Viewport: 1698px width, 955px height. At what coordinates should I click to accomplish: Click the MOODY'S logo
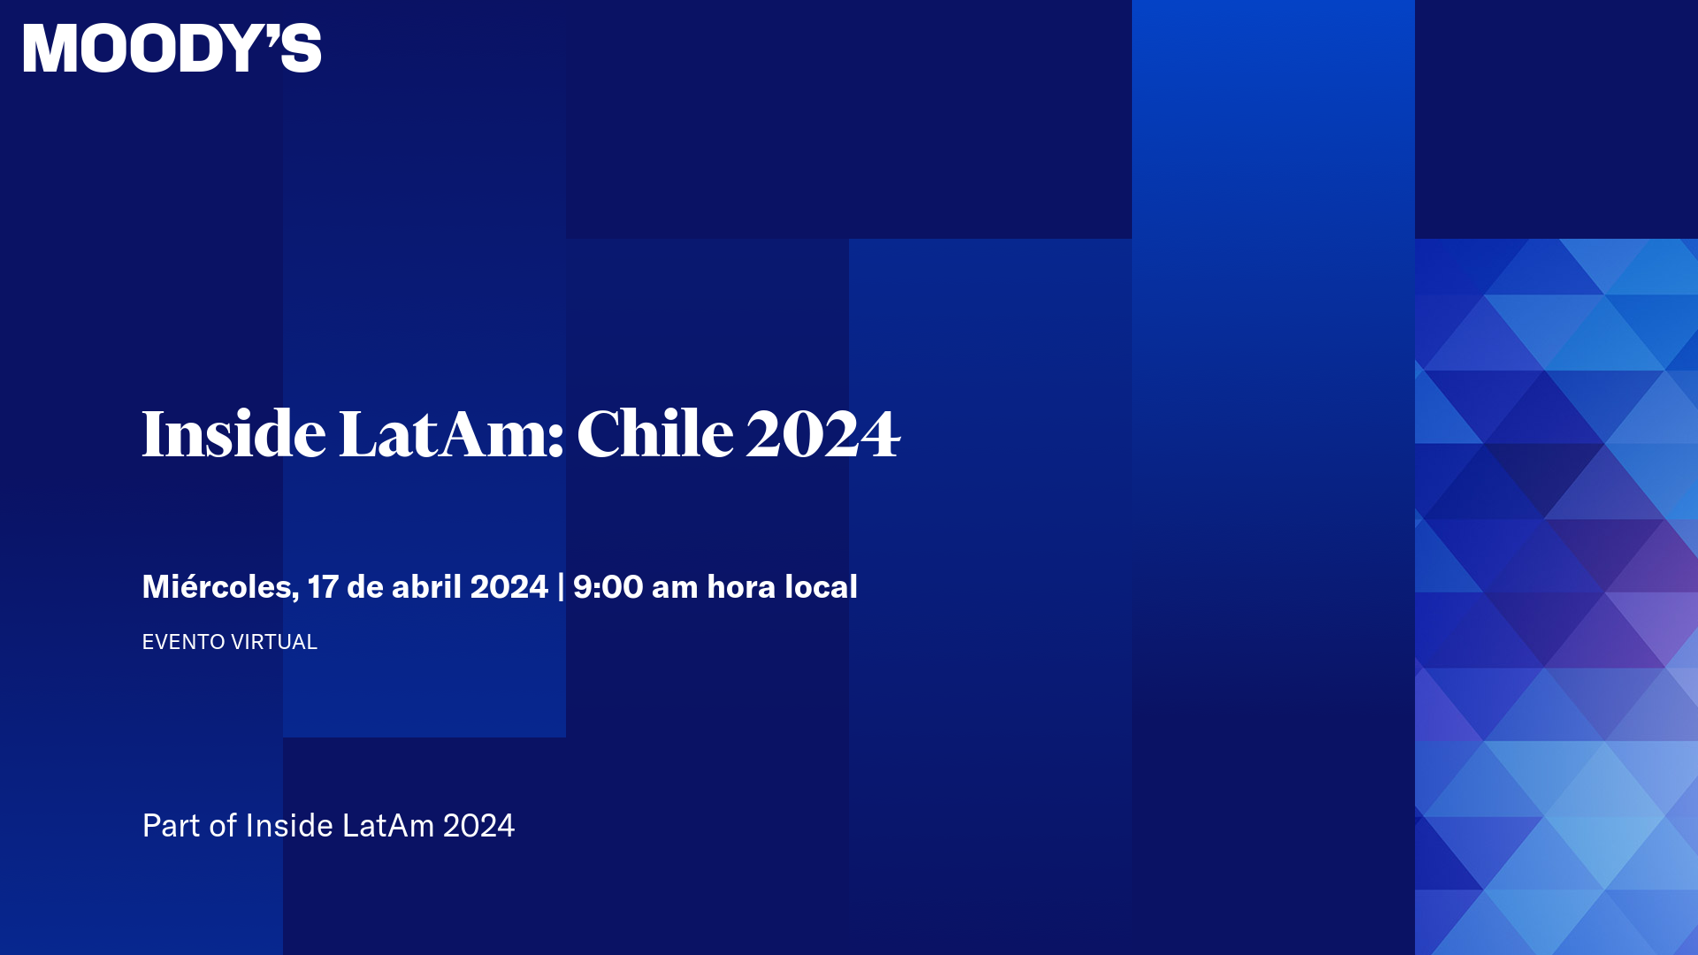(172, 48)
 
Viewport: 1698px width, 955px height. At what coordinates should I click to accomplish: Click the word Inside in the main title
(233, 434)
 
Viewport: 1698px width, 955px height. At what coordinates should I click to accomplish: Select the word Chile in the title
(654, 434)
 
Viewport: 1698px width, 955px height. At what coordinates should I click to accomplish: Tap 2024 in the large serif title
(822, 434)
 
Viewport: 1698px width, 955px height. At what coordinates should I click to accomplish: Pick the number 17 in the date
(323, 587)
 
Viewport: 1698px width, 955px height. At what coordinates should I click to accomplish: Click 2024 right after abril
(509, 587)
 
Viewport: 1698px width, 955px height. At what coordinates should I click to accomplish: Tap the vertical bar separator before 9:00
(561, 587)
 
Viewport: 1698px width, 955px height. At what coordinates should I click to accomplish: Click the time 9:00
(608, 587)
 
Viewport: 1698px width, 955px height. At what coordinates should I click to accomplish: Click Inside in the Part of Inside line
(288, 826)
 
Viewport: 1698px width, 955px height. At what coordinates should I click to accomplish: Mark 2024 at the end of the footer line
(478, 826)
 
